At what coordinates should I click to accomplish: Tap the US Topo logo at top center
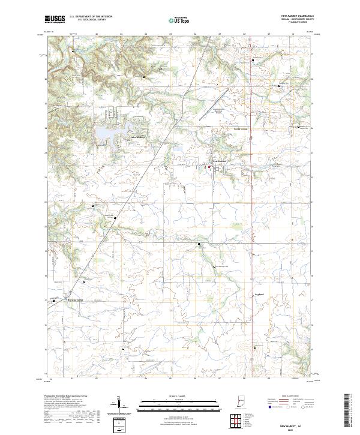[180, 20]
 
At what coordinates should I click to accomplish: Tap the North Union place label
[241, 128]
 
